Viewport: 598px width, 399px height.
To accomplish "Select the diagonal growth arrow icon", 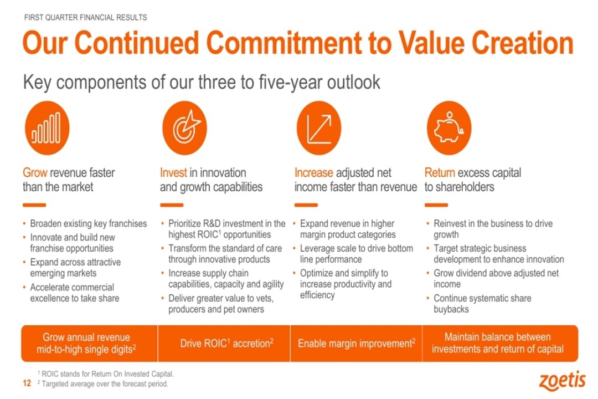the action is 319,128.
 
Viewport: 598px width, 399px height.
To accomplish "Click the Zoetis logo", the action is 563,380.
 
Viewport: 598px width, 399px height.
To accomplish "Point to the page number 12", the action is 27,383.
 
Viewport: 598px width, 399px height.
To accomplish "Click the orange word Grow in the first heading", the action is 35,173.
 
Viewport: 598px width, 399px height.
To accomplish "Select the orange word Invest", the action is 173,173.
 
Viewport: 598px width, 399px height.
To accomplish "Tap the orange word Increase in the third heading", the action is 314,173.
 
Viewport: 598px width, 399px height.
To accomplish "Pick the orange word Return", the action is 440,173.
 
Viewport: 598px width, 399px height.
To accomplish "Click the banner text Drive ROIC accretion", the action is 226,343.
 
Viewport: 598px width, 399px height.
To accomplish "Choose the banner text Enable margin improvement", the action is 357,343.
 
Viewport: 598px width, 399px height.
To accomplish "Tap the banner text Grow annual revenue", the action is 86,337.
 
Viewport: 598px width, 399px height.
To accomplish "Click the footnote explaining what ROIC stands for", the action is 106,374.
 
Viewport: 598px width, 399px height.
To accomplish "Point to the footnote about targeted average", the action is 103,383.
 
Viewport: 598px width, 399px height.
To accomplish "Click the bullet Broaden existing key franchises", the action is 89,223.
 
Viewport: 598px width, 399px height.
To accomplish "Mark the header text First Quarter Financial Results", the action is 85,18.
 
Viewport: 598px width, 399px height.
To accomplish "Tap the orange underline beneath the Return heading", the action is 436,205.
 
